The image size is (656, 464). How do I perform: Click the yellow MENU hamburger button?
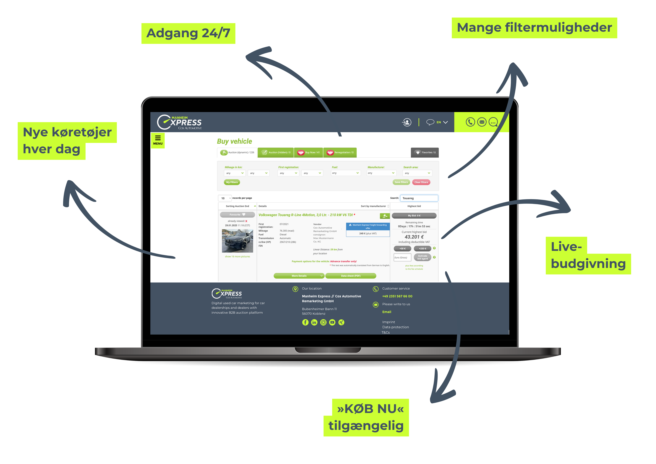pyautogui.click(x=158, y=140)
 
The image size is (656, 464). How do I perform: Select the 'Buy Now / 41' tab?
pyautogui.click(x=309, y=152)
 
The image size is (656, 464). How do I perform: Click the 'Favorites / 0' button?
pyautogui.click(x=425, y=152)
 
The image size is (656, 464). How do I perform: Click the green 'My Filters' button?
pyautogui.click(x=232, y=182)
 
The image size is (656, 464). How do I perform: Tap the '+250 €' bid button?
pyautogui.click(x=422, y=248)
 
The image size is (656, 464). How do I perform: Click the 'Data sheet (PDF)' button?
pyautogui.click(x=351, y=276)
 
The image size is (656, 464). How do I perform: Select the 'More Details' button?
pyautogui.click(x=299, y=276)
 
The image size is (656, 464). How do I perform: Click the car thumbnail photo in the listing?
pyautogui.click(x=237, y=241)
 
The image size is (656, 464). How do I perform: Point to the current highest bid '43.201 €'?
pyautogui.click(x=414, y=237)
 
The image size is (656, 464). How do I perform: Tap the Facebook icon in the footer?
pyautogui.click(x=305, y=322)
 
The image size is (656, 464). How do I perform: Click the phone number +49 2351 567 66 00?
pyautogui.click(x=397, y=296)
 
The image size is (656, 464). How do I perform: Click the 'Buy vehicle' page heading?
pyautogui.click(x=234, y=141)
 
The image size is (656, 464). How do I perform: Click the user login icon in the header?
pyautogui.click(x=407, y=122)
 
